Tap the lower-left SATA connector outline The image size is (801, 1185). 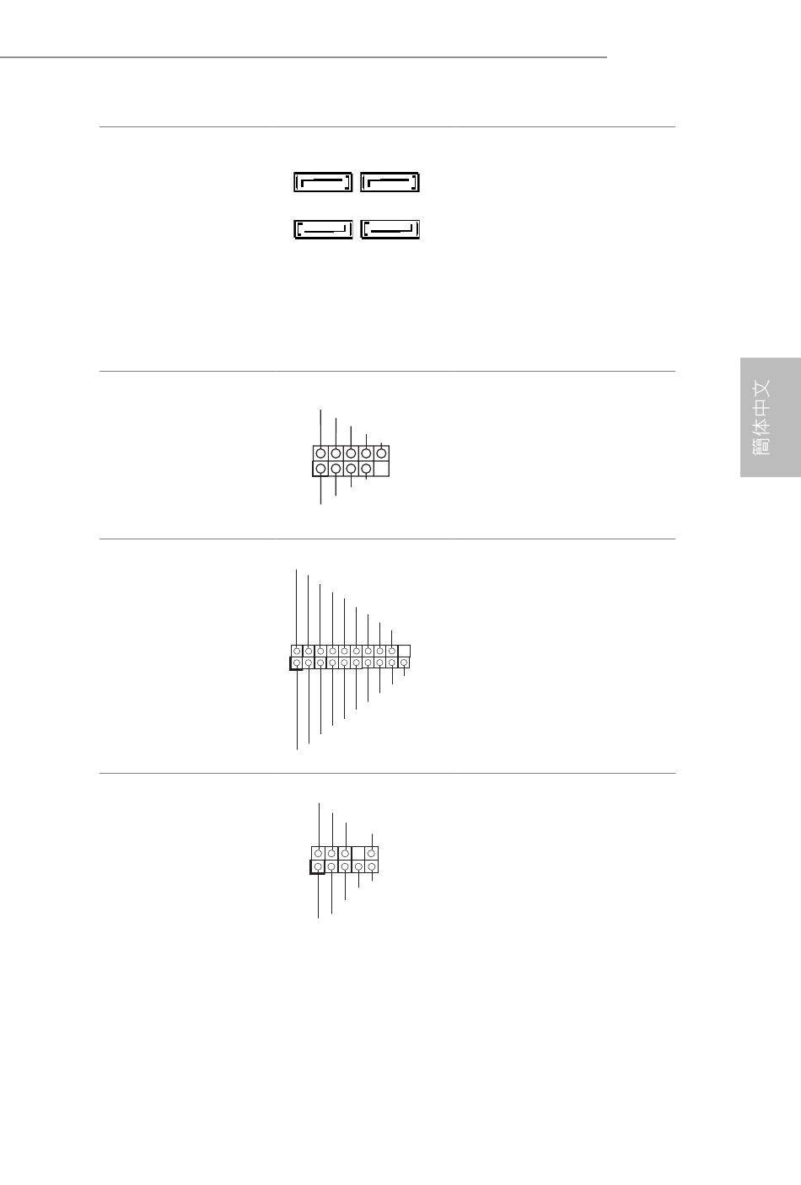323,237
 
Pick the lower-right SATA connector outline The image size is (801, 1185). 390,237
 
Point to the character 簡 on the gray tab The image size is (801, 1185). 761,446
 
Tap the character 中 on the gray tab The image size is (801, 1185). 761,408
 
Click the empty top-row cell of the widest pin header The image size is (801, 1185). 404,651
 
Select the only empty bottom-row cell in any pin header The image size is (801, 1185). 381,469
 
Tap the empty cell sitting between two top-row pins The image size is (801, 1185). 358,853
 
